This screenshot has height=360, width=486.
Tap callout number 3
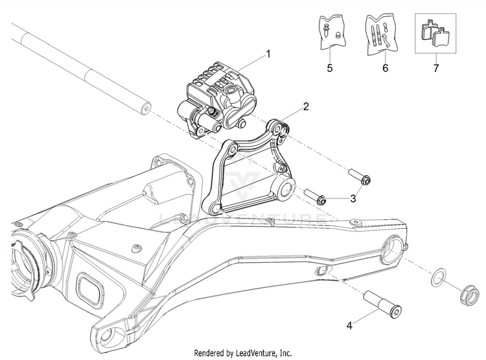353,198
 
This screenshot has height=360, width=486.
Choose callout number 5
329,67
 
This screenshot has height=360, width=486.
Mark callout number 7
435,67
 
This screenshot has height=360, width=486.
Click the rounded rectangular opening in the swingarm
87,285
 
